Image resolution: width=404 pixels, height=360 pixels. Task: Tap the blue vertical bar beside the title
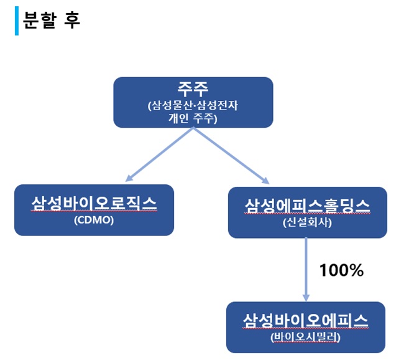point(17,21)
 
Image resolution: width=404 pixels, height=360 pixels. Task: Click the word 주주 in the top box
point(193,88)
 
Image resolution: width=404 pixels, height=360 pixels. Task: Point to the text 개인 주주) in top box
point(193,118)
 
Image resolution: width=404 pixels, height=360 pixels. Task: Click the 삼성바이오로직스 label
point(94,204)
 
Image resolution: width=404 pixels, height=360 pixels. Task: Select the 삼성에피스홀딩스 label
point(307,206)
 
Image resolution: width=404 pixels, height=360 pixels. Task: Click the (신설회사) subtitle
point(307,222)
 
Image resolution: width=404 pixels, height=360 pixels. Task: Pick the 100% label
point(341,270)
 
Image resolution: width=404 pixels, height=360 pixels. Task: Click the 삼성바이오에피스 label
point(305,321)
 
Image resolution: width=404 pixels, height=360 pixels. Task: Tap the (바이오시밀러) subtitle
point(305,338)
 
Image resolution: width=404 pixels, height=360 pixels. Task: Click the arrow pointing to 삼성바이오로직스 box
point(158,154)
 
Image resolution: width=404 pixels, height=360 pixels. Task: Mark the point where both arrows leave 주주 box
point(193,128)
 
